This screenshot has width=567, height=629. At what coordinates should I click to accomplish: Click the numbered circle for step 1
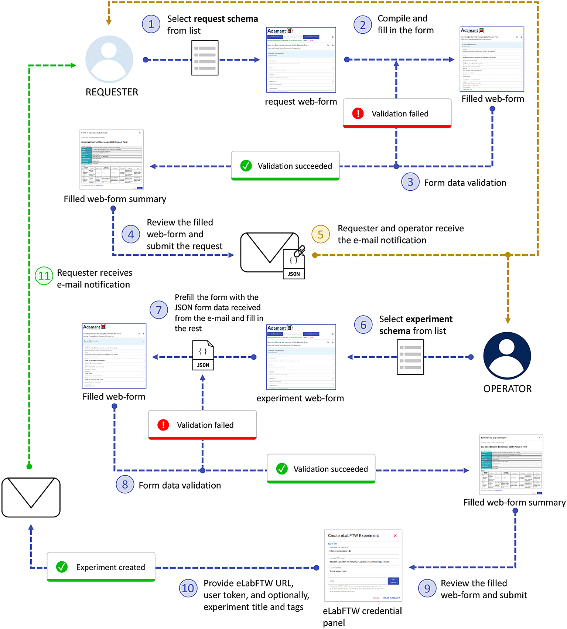coord(151,24)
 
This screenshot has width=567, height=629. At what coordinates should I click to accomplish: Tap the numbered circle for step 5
coord(321,234)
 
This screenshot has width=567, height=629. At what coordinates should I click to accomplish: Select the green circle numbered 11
coord(44,276)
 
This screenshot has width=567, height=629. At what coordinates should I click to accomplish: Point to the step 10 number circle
coord(188,588)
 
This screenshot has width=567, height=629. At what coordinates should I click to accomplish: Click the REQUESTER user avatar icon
coord(109,59)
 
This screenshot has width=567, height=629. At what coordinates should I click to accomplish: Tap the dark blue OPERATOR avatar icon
coord(507,356)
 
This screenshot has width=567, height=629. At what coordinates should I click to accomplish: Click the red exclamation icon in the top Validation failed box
coord(358,113)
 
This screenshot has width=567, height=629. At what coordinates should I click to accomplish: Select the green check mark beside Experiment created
coord(62,567)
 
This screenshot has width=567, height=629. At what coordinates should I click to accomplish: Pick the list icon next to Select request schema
coord(205,58)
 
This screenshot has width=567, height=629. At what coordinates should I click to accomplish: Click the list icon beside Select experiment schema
coord(410,357)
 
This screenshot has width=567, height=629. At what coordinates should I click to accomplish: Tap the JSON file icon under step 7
coord(203,356)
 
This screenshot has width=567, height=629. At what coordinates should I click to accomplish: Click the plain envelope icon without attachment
coord(31,497)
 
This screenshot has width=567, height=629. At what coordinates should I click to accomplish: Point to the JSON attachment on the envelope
coord(294,264)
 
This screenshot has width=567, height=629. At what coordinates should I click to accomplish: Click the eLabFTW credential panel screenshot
coord(363,565)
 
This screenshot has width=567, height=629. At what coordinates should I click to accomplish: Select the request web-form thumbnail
coord(301,60)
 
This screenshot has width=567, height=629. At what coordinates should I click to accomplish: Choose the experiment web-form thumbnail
coord(301,357)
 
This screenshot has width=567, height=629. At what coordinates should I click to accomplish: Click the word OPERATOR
coord(508,389)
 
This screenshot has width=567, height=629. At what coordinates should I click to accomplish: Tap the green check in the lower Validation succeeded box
coord(282,469)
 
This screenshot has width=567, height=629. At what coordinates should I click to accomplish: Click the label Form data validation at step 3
coord(465,183)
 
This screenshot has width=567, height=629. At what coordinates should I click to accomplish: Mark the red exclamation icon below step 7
coord(163,425)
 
